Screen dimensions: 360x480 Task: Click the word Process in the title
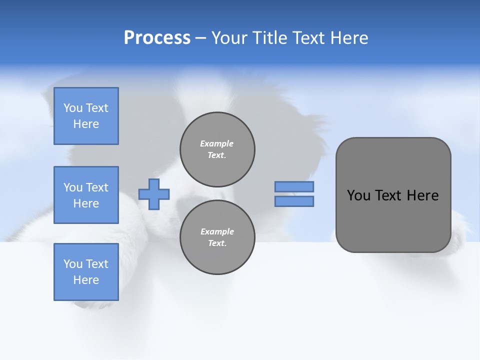tap(157, 38)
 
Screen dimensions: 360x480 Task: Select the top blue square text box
tap(86, 116)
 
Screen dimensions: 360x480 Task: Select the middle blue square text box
tap(86, 195)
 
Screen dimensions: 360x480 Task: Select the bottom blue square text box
tap(86, 272)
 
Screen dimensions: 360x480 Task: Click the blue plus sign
tap(154, 194)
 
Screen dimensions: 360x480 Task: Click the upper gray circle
tap(217, 149)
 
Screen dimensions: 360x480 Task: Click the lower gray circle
tap(217, 237)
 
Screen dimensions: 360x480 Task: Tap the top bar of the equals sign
tap(294, 186)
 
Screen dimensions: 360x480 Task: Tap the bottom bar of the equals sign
tap(294, 201)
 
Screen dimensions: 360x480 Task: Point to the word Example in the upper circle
tap(217, 143)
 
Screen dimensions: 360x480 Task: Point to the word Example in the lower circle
tap(217, 231)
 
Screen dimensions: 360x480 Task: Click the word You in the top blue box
tap(73, 108)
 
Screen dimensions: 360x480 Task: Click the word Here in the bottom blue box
tap(86, 280)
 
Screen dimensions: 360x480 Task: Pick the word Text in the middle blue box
tap(96, 187)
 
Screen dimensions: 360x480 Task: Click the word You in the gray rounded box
tap(358, 195)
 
